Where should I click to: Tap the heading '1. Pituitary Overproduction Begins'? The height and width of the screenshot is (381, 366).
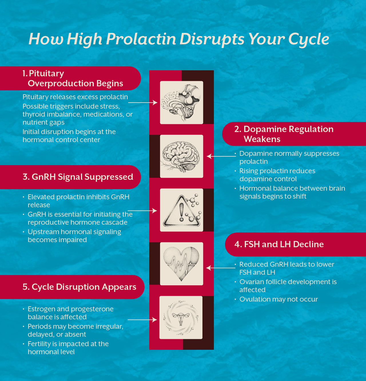pyautogui.click(x=73, y=78)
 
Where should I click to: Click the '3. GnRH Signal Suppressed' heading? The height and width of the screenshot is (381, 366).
pyautogui.click(x=78, y=177)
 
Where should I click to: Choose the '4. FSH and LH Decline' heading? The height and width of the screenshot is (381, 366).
pyautogui.click(x=279, y=244)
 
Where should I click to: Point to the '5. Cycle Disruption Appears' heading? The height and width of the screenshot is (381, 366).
pyautogui.click(x=79, y=287)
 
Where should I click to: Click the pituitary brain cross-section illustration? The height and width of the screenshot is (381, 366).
pyautogui.click(x=181, y=103)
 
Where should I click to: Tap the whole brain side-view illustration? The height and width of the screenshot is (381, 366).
pyautogui.click(x=181, y=156)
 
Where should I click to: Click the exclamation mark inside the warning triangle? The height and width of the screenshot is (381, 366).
pyautogui.click(x=181, y=212)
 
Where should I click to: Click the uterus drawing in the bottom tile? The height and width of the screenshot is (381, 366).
pyautogui.click(x=181, y=318)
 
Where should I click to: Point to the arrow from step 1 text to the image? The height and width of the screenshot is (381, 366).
pyautogui.click(x=142, y=103)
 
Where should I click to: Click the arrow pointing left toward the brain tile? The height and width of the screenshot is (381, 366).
pyautogui.click(x=221, y=156)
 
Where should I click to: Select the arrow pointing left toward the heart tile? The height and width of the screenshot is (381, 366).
pyautogui.click(x=220, y=268)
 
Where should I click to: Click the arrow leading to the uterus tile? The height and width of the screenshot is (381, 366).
pyautogui.click(x=142, y=320)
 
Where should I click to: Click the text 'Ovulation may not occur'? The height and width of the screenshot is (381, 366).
pyautogui.click(x=279, y=299)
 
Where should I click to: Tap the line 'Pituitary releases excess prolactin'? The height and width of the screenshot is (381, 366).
pyautogui.click(x=75, y=97)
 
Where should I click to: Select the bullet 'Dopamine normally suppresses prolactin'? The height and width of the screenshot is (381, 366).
pyautogui.click(x=289, y=157)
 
